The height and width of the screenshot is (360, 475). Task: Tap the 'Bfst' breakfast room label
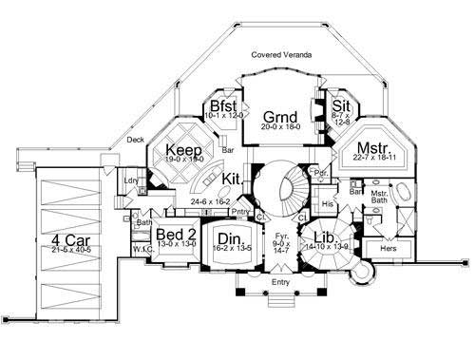pos(223,104)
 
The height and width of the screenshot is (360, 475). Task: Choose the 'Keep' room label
pos(180,150)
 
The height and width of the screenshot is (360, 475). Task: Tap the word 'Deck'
pos(136,141)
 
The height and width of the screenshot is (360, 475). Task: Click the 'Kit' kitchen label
pos(232,178)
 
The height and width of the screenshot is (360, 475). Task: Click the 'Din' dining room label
pos(229,238)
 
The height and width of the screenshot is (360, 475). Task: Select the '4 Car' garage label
pos(72,239)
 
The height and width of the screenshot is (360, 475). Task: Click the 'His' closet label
pos(329,204)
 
